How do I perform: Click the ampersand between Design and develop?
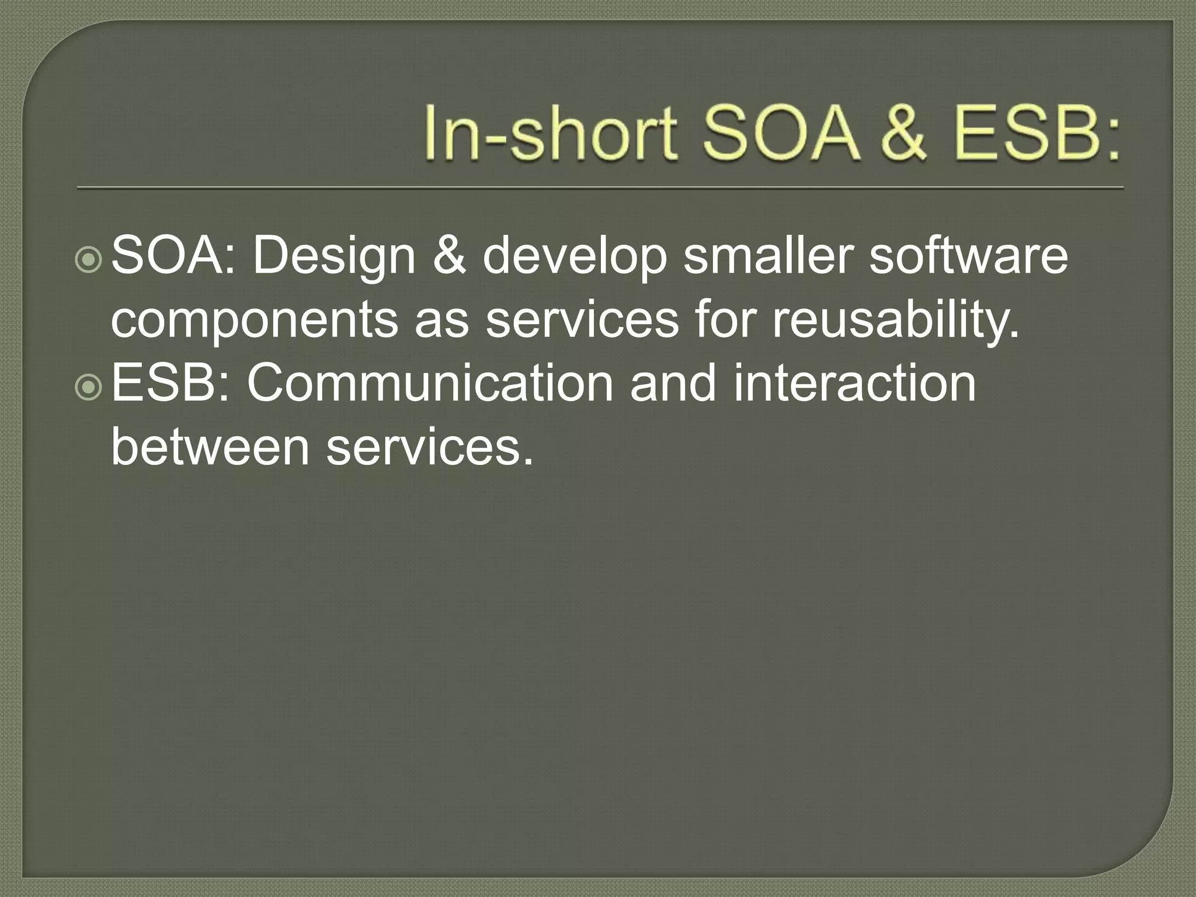pos(449,257)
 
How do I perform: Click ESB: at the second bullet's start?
pos(170,384)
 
